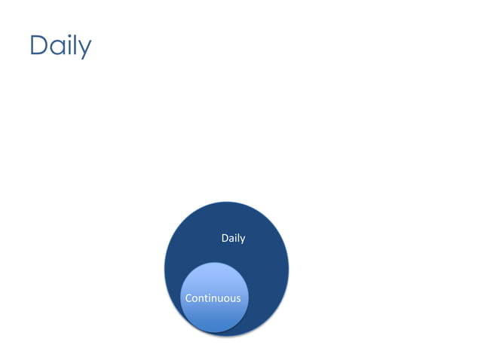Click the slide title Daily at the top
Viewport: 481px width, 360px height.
[x=60, y=46]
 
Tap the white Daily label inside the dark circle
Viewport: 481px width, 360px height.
[x=233, y=238]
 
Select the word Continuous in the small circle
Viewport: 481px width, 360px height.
[x=213, y=298]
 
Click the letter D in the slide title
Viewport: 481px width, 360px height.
[x=38, y=45]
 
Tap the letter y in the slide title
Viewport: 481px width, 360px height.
[x=84, y=49]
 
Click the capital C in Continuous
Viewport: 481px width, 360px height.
[x=189, y=298]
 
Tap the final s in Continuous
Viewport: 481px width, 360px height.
[x=238, y=299]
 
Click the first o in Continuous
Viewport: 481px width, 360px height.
[x=195, y=299]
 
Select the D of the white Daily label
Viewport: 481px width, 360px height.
[x=225, y=238]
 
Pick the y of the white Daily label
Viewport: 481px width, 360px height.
[x=242, y=239]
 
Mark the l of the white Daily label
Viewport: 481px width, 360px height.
[x=238, y=238]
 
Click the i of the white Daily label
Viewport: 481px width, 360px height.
[x=235, y=238]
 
